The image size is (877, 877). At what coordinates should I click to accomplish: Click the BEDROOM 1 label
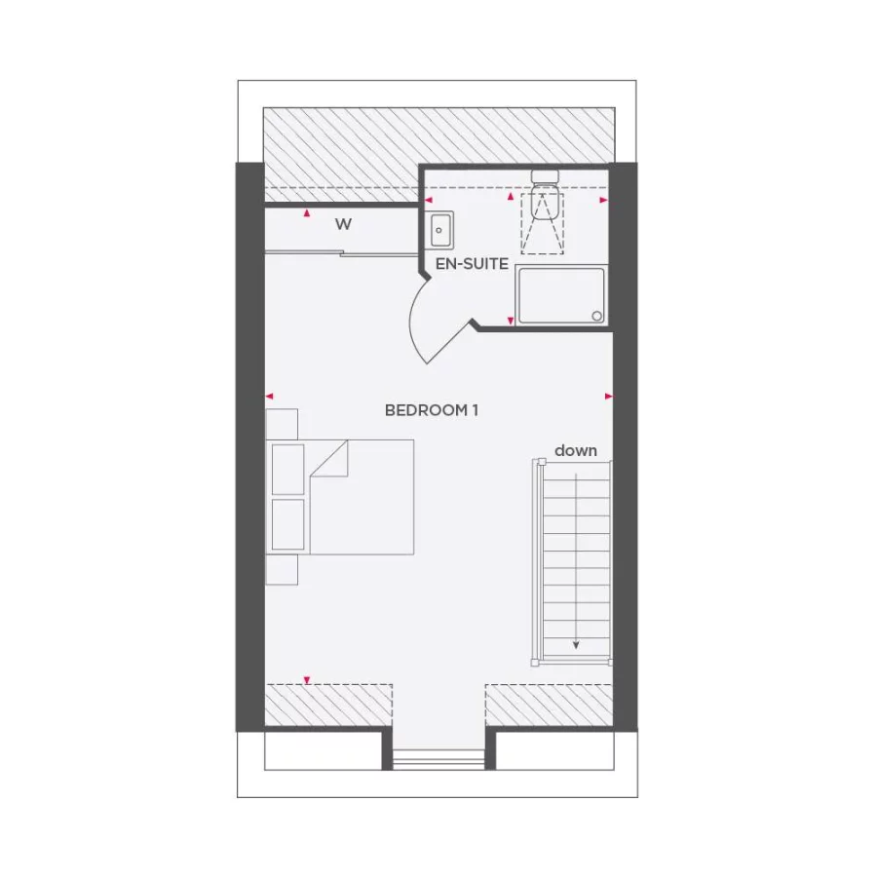tap(431, 410)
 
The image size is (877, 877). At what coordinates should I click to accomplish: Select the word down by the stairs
tap(576, 450)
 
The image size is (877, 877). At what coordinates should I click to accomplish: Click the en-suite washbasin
tap(440, 230)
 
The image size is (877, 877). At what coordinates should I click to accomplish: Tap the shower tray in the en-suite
tap(560, 295)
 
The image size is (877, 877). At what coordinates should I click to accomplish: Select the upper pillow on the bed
tap(288, 469)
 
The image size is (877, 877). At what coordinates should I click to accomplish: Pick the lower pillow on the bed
tap(288, 525)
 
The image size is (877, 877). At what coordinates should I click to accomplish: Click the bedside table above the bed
tap(282, 424)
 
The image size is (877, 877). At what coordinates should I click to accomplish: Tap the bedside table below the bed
tap(282, 569)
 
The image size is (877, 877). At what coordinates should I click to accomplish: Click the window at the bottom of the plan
tap(438, 758)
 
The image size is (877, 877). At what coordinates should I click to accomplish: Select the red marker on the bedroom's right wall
tap(609, 396)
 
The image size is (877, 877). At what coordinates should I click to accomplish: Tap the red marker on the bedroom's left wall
tap(270, 396)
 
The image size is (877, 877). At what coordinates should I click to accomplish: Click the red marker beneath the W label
tap(308, 212)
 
